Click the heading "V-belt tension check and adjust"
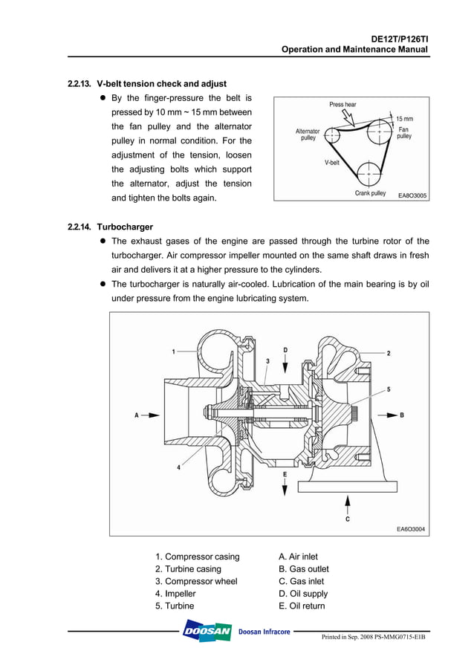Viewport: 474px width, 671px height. click(x=161, y=84)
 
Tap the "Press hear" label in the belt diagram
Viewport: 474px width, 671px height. click(x=342, y=105)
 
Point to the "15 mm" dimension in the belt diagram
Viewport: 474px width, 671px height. click(x=404, y=119)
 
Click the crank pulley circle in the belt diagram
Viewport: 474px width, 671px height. click(x=369, y=175)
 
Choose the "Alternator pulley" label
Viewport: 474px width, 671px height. click(x=308, y=134)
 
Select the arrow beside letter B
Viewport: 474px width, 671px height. click(x=386, y=415)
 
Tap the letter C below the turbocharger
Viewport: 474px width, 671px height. click(x=347, y=519)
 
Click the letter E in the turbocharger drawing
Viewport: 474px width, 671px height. click(x=285, y=473)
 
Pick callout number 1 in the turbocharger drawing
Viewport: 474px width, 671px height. click(x=173, y=351)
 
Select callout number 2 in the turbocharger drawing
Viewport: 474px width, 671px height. click(x=388, y=354)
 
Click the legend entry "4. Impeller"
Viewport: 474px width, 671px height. click(x=175, y=594)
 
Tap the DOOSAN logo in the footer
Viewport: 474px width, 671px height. click(x=207, y=632)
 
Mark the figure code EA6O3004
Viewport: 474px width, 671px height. click(x=411, y=529)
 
